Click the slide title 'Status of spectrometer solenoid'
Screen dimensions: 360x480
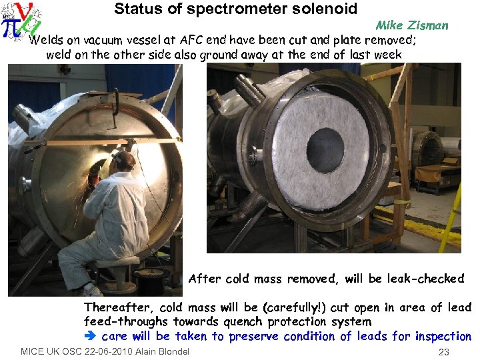point(235,9)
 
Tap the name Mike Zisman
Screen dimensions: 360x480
point(411,26)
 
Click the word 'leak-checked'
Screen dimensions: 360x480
point(424,279)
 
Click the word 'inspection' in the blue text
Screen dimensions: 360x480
point(443,336)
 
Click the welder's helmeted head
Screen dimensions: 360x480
point(124,160)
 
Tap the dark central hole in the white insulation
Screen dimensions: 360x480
point(325,150)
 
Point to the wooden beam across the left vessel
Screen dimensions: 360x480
point(100,142)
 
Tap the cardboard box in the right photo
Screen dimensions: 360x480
point(434,173)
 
